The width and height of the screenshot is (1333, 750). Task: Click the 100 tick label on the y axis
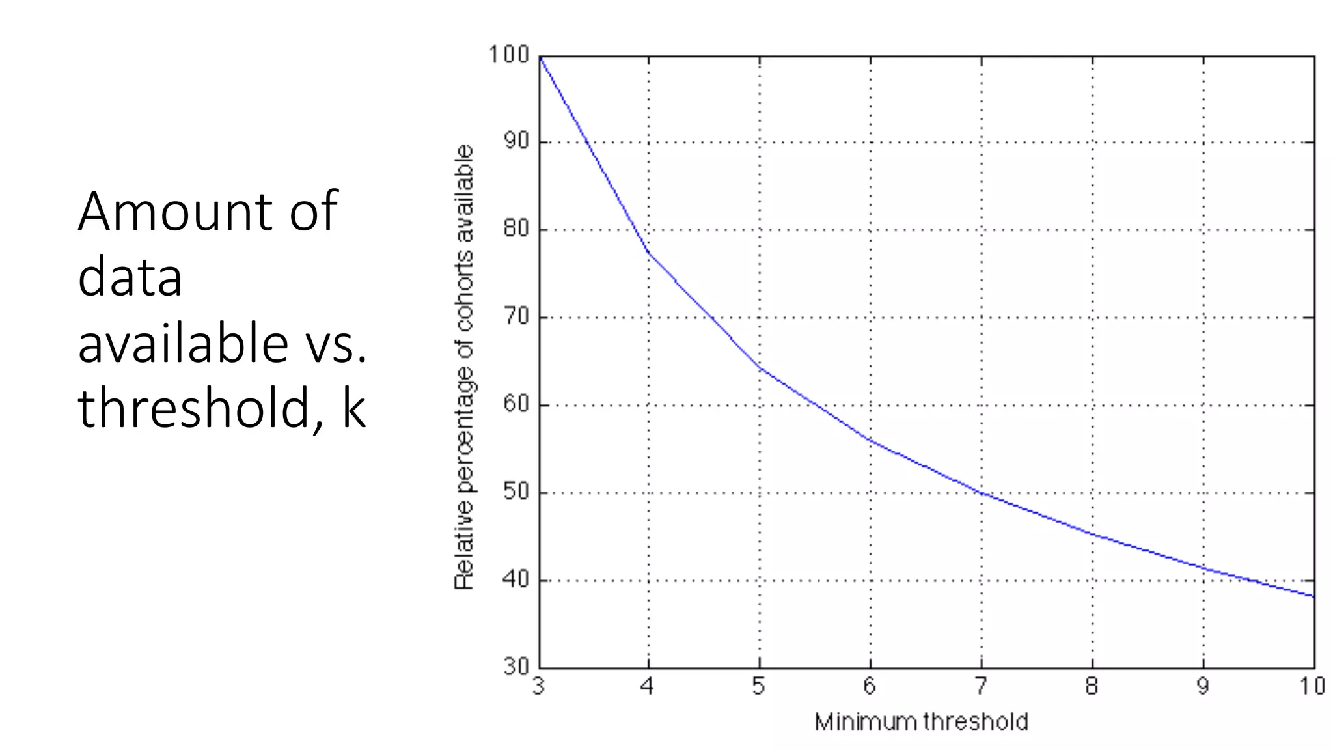point(508,55)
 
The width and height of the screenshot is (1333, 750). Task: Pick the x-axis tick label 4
point(648,686)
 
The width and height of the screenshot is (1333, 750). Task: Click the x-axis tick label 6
point(870,686)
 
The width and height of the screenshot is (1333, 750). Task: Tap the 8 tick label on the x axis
point(1092,686)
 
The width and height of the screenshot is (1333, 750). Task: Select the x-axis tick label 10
point(1313,686)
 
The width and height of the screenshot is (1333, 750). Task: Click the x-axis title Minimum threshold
point(921,722)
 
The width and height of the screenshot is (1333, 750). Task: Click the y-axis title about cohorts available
point(464,367)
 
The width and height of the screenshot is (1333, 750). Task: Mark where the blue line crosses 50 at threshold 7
point(982,493)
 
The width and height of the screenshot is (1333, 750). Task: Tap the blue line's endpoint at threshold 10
point(1313,596)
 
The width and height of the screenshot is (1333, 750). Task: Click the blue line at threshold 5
point(760,368)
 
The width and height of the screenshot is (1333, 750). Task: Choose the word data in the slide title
point(130,277)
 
